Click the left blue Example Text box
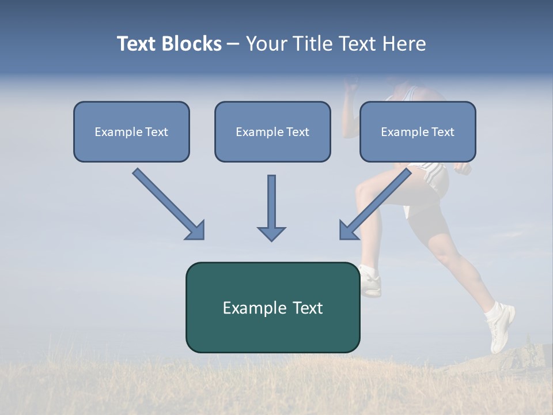pyautogui.click(x=131, y=131)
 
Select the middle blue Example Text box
pyautogui.click(x=272, y=131)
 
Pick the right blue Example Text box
pyautogui.click(x=418, y=131)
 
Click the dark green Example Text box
pyautogui.click(x=272, y=307)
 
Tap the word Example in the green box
pyautogui.click(x=247, y=308)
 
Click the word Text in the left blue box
pyautogui.click(x=157, y=132)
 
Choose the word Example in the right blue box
pyautogui.click(x=403, y=132)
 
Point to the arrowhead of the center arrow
pyautogui.click(x=271, y=233)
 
